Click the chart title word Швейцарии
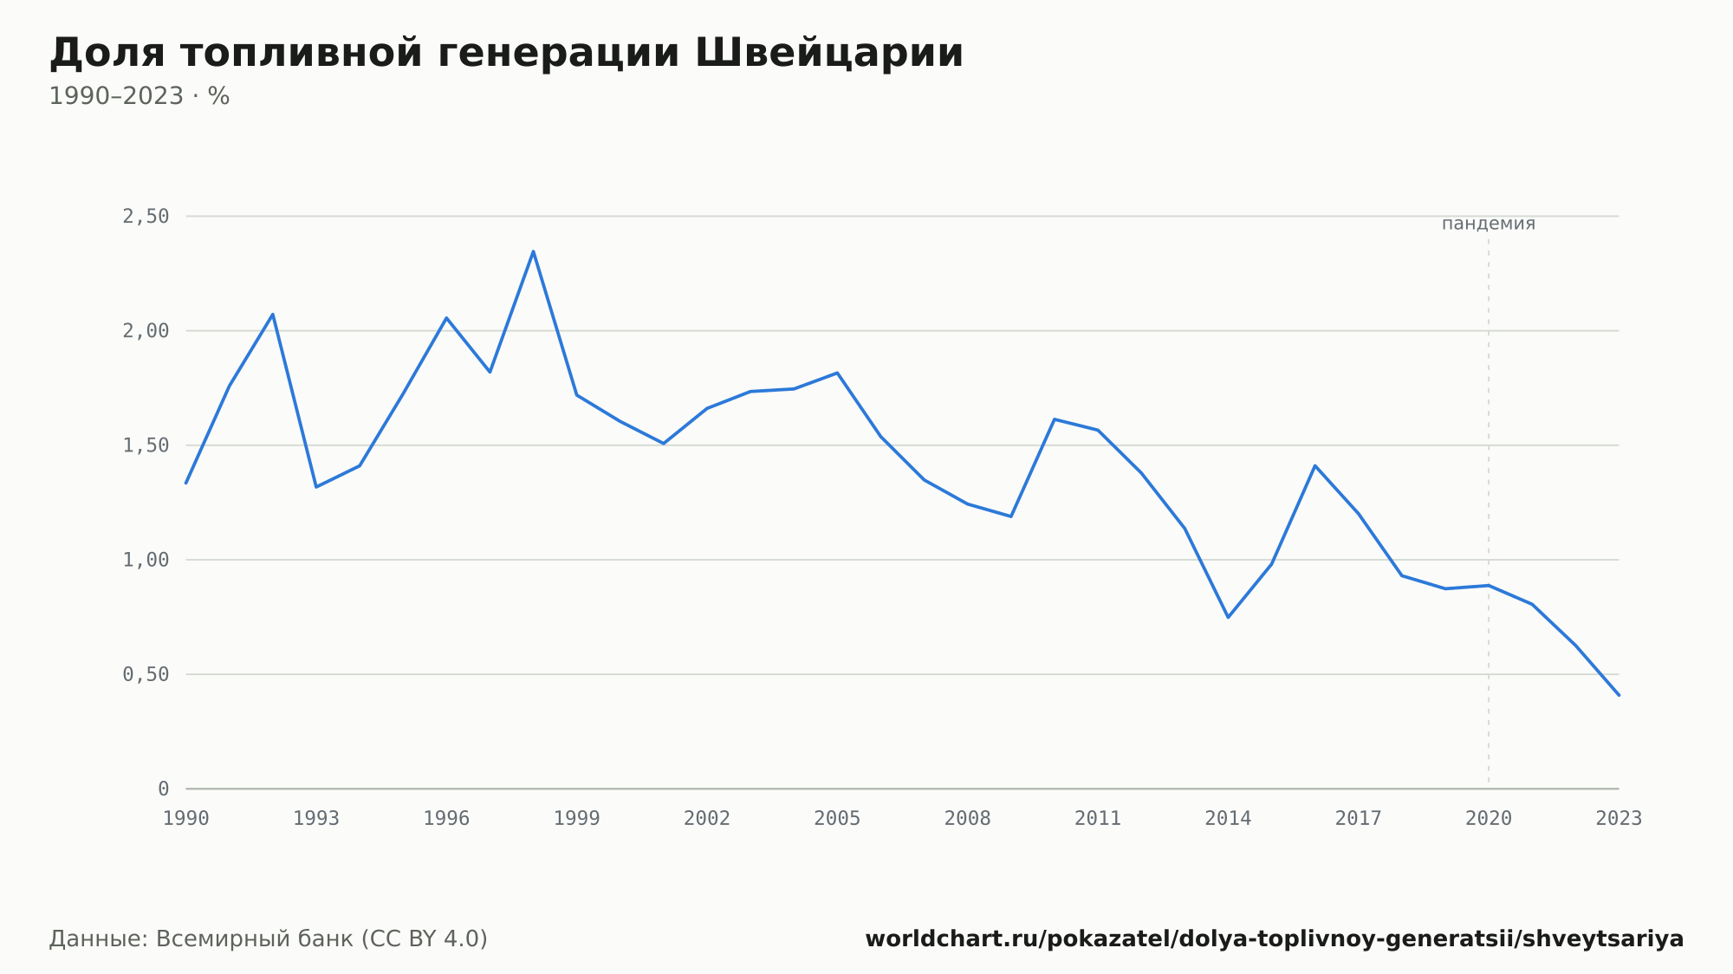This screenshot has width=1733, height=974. point(829,53)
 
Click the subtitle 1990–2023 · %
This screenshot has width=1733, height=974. point(140,96)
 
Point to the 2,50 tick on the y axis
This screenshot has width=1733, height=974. point(146,217)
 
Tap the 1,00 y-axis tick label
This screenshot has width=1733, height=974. point(146,560)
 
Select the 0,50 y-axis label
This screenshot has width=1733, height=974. point(146,674)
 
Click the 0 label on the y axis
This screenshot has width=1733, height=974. point(163,789)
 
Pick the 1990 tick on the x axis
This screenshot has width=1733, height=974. point(186,818)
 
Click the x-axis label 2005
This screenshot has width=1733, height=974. point(837,818)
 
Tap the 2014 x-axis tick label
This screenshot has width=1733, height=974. point(1228,818)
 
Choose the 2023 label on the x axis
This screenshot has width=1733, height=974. point(1619,818)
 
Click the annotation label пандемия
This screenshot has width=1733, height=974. point(1489,224)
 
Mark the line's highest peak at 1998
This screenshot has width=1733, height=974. point(533,251)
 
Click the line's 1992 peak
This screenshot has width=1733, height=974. point(273,314)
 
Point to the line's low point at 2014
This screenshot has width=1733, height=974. point(1228,617)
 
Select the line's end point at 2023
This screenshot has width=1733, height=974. point(1619,695)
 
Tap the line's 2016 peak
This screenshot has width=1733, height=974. point(1314,465)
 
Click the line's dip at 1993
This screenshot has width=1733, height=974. point(316,487)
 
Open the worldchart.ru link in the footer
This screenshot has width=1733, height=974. point(1274,938)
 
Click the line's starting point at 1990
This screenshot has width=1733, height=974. point(186,483)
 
